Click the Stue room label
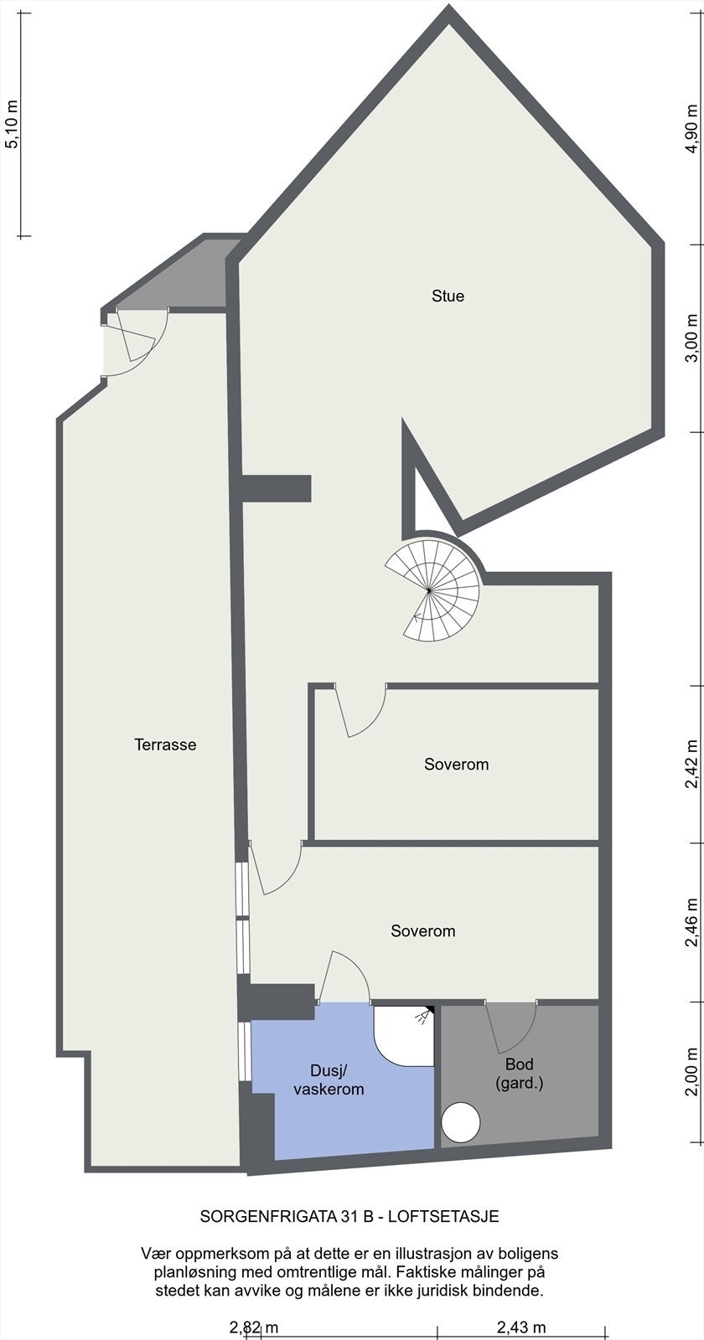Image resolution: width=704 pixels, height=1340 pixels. coord(448,296)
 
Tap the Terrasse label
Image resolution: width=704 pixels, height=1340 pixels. coord(165,744)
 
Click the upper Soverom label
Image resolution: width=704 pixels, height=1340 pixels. coord(456,764)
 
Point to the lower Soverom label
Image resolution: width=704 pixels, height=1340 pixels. coord(422,930)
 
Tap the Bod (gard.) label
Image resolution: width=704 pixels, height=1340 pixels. coord(520,1074)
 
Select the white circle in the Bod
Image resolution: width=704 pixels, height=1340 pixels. coord(460,1122)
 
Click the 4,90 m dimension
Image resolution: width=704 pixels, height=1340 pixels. coord(691,129)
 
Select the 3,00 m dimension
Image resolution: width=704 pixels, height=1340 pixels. coord(691,338)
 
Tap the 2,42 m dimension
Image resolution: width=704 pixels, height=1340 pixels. coord(691,764)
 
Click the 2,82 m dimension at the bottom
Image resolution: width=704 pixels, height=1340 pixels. coord(254,1327)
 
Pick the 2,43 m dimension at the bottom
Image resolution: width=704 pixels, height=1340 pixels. coord(521,1327)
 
